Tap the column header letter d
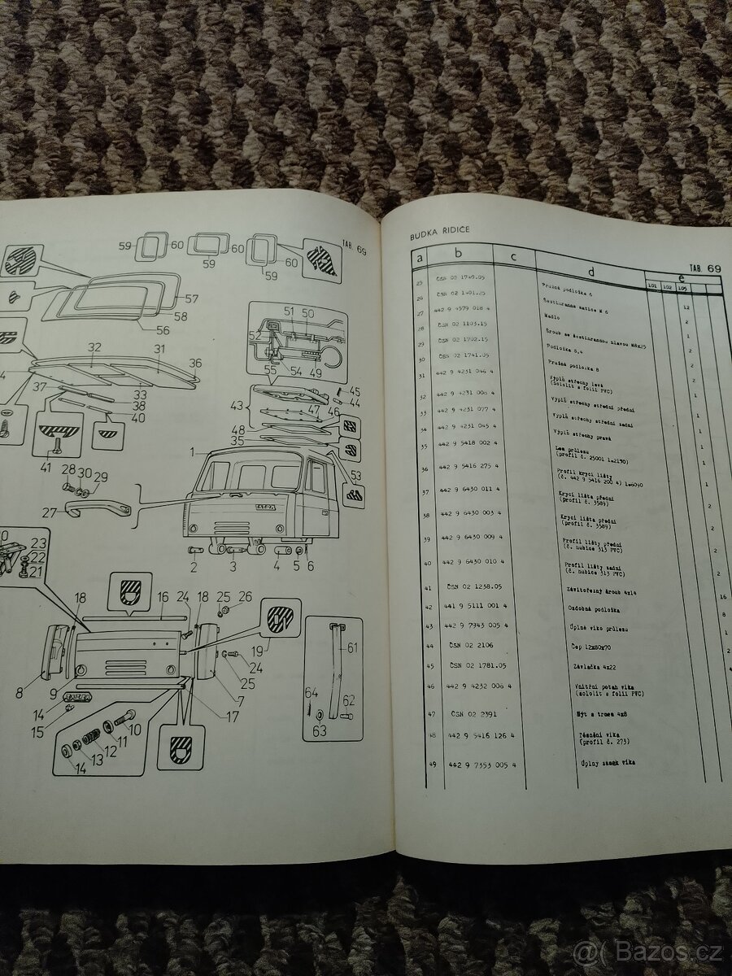click(590, 272)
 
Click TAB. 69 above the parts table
click(704, 268)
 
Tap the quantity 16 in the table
click(722, 597)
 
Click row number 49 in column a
click(431, 764)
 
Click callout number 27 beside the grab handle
click(50, 513)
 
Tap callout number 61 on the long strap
click(351, 648)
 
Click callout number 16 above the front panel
click(163, 598)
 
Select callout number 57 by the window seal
click(191, 299)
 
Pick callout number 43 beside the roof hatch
click(237, 405)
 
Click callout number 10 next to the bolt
click(134, 730)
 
